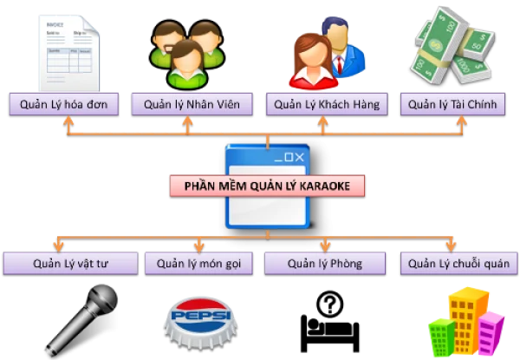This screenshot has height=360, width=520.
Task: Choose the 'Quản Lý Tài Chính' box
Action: [454, 105]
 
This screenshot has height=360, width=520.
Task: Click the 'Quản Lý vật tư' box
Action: [69, 263]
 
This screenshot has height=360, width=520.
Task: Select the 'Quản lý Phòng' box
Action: [324, 263]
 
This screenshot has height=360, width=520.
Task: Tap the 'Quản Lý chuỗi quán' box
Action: [457, 263]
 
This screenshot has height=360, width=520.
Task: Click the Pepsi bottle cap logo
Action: [196, 319]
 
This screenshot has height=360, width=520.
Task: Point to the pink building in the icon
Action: [491, 334]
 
